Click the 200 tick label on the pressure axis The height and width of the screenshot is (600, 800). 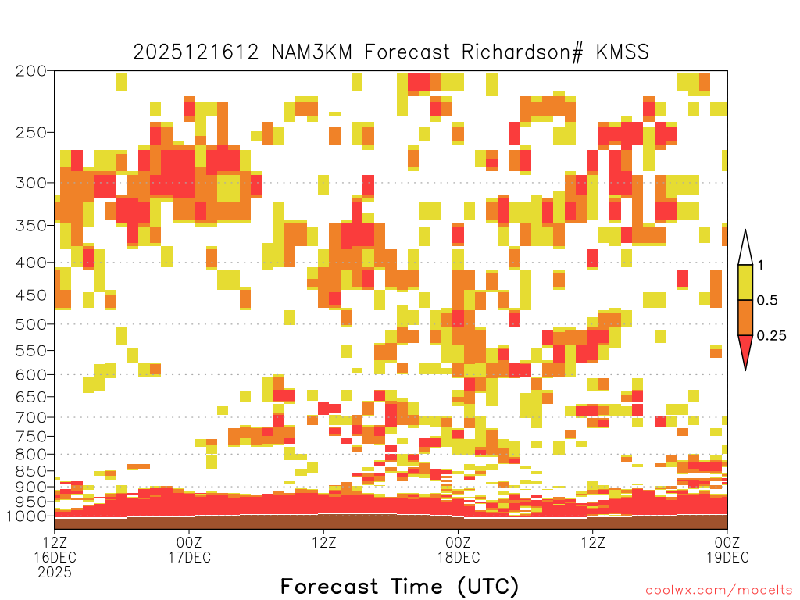tap(30, 71)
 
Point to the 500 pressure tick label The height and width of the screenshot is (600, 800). tap(30, 324)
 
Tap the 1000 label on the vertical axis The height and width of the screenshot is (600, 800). tap(27, 516)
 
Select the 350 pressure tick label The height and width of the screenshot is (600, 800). tap(30, 226)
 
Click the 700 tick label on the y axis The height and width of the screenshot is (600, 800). tap(30, 417)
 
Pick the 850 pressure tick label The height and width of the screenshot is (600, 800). tap(30, 471)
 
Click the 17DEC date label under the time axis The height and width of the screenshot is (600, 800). tap(189, 557)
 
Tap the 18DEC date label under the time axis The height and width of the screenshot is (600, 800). tap(458, 557)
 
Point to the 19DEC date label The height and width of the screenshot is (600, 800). tap(727, 557)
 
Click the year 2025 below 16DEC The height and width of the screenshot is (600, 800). tap(55, 573)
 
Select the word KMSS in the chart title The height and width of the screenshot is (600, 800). tap(622, 52)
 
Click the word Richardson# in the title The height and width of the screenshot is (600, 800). tap(523, 52)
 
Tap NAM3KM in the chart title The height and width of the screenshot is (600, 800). tap(312, 52)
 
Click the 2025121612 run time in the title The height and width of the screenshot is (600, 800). tap(196, 52)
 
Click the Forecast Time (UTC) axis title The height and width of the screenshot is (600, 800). tap(399, 586)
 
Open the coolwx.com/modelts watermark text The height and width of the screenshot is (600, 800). tap(720, 591)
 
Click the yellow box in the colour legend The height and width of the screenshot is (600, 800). tap(745, 282)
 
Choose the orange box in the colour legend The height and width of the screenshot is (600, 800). tap(745, 317)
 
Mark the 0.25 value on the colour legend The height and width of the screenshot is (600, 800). tap(771, 336)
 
